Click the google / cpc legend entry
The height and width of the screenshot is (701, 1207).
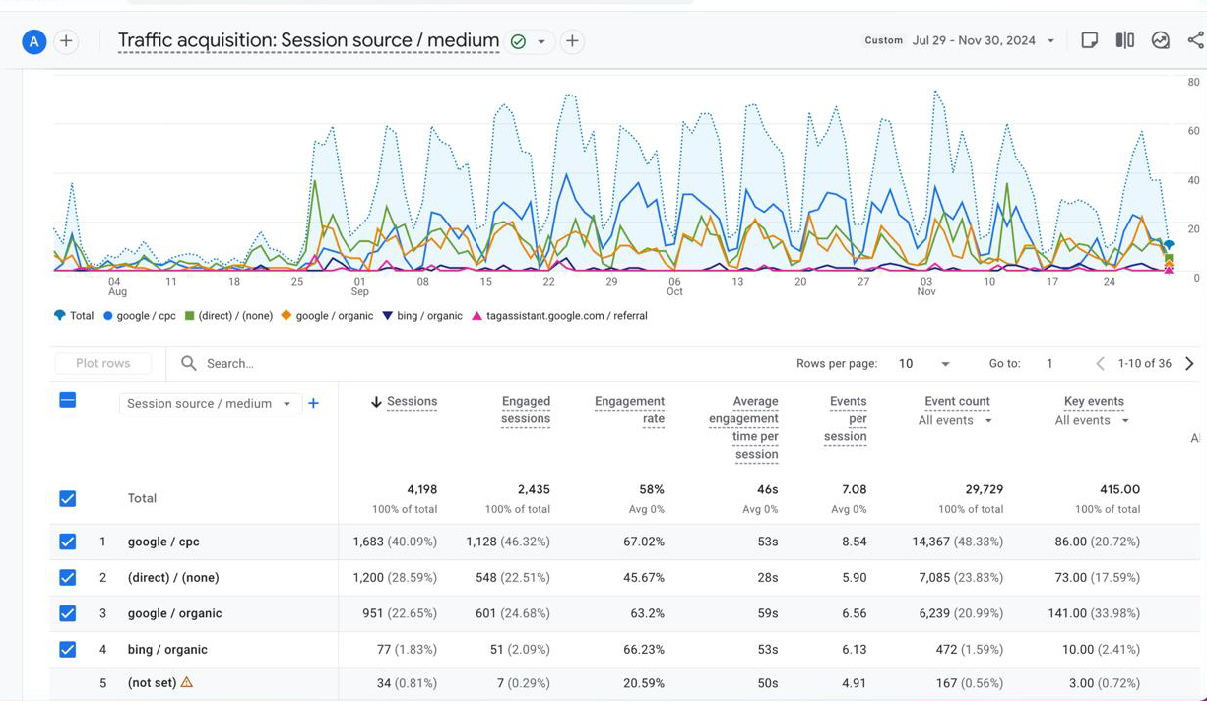140,316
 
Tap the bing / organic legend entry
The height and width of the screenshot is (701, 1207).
422,316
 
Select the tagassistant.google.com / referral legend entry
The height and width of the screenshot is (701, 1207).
559,316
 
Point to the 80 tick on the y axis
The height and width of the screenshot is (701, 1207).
1193,82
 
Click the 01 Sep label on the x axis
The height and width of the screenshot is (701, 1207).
360,287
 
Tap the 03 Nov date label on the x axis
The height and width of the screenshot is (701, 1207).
926,287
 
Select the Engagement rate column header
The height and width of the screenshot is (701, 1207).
629,410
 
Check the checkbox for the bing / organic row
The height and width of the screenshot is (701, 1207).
67,649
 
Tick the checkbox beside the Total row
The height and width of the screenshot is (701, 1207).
67,498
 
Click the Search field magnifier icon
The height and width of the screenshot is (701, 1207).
188,363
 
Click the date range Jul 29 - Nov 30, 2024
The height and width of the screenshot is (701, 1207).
974,41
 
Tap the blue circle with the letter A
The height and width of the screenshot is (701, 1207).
33,41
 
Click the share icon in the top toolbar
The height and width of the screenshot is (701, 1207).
1196,40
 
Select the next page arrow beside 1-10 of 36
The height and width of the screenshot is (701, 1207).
1189,363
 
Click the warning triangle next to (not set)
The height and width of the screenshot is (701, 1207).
186,682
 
